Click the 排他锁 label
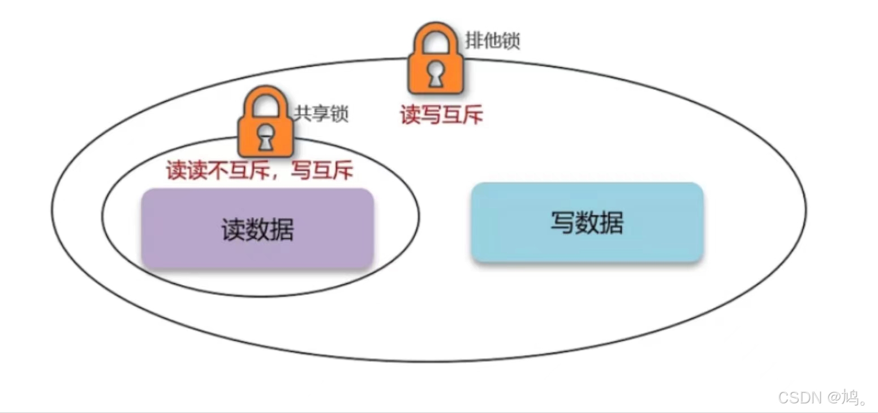point(492,41)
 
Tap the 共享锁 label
point(320,114)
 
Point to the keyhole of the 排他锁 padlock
point(435,75)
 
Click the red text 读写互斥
point(442,115)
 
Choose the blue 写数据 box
point(587,222)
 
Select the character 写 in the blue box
point(562,222)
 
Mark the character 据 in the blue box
point(611,222)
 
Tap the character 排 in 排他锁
point(474,41)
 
